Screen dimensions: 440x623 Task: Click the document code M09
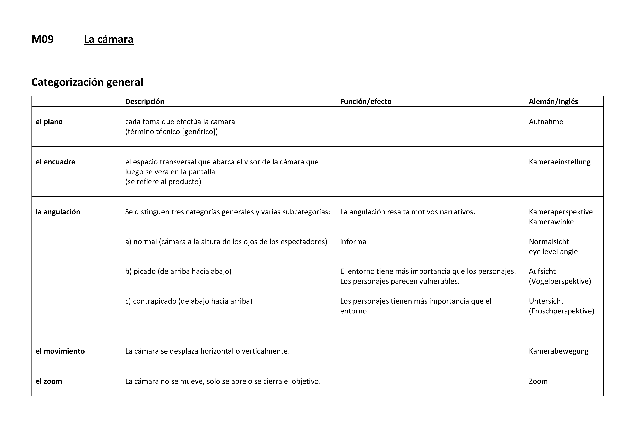tap(43, 39)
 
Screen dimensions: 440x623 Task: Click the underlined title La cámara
tap(108, 39)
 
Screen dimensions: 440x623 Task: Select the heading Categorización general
tap(87, 82)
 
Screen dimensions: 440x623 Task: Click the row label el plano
tap(49, 122)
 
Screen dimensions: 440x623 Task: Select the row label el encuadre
tap(55, 162)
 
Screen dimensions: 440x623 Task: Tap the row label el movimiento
tap(60, 351)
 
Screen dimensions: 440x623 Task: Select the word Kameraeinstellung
tap(559, 162)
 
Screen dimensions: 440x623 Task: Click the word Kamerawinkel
tap(552, 222)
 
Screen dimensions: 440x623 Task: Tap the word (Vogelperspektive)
tap(560, 281)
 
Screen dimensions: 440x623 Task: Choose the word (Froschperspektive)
tap(561, 311)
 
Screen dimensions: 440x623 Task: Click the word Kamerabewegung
tap(558, 351)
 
